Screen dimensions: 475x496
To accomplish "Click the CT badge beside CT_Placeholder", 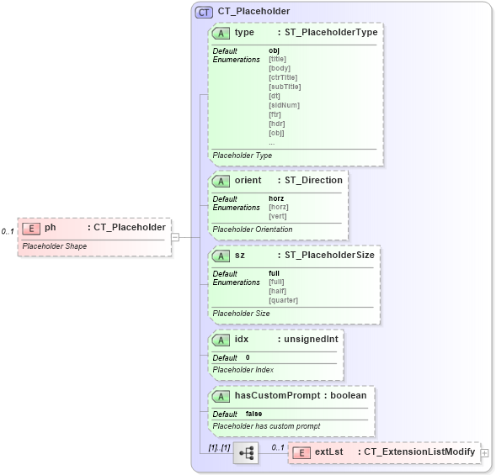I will pyautogui.click(x=203, y=12).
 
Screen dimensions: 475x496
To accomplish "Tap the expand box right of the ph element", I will pyautogui.click(x=175, y=238).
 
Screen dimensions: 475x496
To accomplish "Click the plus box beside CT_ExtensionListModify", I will pyautogui.click(x=484, y=452).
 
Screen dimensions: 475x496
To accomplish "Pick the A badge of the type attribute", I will pyautogui.click(x=221, y=33).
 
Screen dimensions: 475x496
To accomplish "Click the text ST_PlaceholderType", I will pyautogui.click(x=331, y=33).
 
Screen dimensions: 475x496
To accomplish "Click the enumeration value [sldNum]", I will pyautogui.click(x=284, y=105).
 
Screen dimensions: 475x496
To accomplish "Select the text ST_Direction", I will pyautogui.click(x=313, y=181).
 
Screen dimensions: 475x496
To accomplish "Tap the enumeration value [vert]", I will pyautogui.click(x=277, y=216).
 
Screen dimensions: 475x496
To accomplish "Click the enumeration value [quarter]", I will pyautogui.click(x=283, y=300).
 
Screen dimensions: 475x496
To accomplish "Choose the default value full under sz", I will pyautogui.click(x=274, y=273).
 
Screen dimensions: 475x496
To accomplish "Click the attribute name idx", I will pyautogui.click(x=242, y=340).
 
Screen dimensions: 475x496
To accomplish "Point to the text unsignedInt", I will pyautogui.click(x=311, y=340).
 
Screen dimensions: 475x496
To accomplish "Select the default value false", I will pyautogui.click(x=253, y=414).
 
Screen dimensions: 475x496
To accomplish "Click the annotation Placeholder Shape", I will pyautogui.click(x=54, y=246).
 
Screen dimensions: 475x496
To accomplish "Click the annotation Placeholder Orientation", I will pyautogui.click(x=252, y=229).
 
